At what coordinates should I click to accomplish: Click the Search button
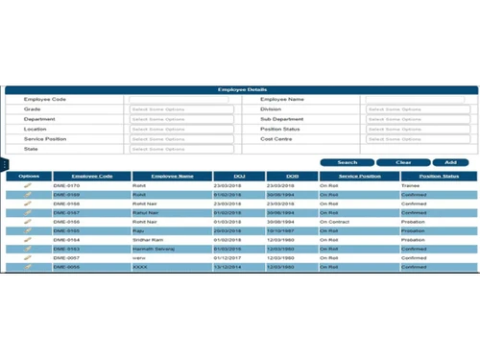point(347,162)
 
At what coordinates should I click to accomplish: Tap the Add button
point(450,162)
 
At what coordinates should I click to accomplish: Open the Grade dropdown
point(181,109)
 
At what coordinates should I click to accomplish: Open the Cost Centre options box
point(414,139)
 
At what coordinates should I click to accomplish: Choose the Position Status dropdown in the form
point(414,129)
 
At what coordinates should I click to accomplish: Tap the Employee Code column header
point(91,177)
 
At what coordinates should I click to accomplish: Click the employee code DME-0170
point(66,185)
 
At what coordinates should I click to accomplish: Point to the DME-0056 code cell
point(66,267)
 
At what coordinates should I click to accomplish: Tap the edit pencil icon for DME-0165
point(29,230)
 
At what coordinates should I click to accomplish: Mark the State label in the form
point(31,149)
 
